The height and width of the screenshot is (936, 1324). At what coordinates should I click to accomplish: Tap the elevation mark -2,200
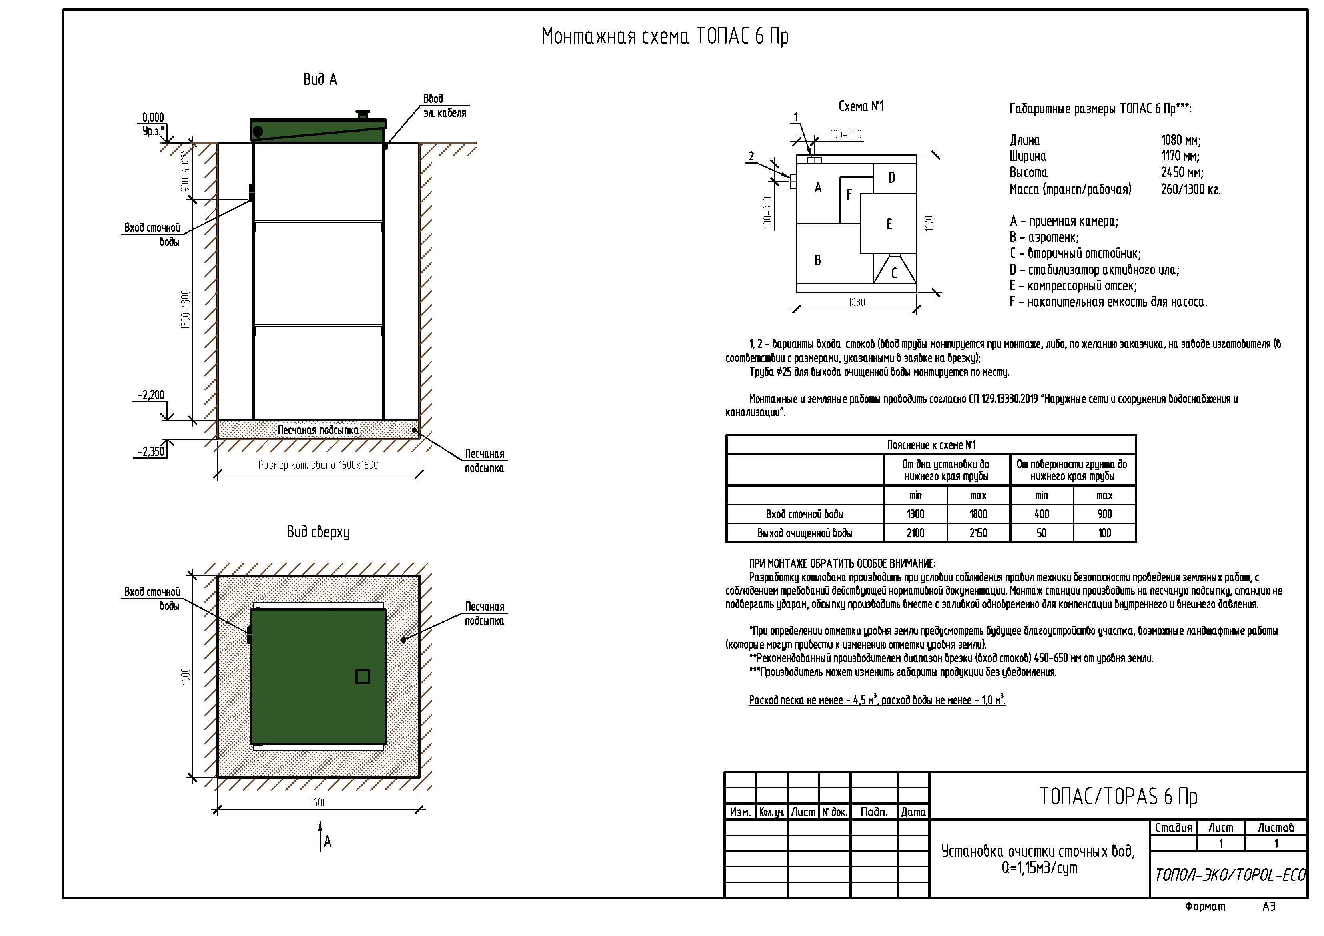pos(151,395)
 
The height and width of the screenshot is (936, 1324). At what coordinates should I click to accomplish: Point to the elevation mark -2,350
pos(151,451)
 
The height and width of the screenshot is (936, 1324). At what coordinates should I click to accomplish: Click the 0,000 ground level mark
pos(153,118)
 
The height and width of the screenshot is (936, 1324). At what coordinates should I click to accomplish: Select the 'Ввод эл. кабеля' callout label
pos(444,106)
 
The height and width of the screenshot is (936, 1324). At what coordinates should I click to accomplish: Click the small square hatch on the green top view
pos(363,676)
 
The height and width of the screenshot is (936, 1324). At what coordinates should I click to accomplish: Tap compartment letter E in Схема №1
pos(889,224)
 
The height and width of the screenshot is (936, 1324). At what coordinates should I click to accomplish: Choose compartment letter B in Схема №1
pos(818,260)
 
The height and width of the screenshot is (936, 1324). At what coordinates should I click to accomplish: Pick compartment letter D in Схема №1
pos(891,178)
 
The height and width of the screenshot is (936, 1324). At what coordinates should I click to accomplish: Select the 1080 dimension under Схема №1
pos(856,302)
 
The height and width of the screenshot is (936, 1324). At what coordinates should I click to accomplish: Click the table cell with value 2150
pos(979,533)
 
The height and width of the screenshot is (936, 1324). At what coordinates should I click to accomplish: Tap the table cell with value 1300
pos(916,514)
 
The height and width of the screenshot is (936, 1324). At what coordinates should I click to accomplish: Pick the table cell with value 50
pos(1042,533)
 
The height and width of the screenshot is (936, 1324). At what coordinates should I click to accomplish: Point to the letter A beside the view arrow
pos(328,842)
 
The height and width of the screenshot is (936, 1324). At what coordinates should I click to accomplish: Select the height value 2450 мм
pos(1182,172)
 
